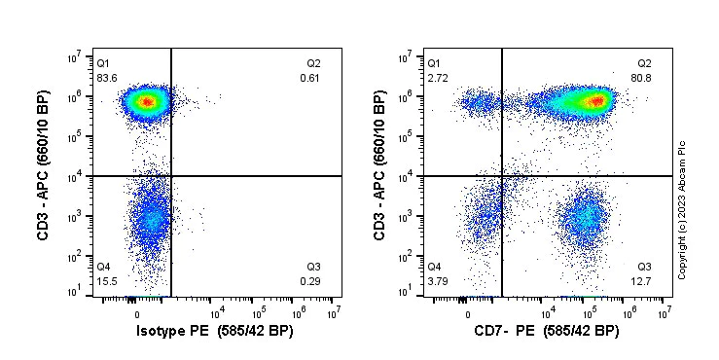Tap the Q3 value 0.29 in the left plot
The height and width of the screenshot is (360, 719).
(310, 281)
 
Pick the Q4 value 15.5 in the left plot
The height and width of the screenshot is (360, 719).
(106, 281)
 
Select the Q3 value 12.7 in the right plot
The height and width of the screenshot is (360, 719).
(643, 281)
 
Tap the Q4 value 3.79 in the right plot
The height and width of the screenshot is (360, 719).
(438, 281)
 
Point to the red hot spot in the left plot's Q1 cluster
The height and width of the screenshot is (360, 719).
(145, 101)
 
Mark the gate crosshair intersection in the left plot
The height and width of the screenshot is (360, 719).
(171, 176)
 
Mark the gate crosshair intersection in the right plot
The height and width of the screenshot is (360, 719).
(502, 176)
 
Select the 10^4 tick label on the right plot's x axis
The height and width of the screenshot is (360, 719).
(548, 312)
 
